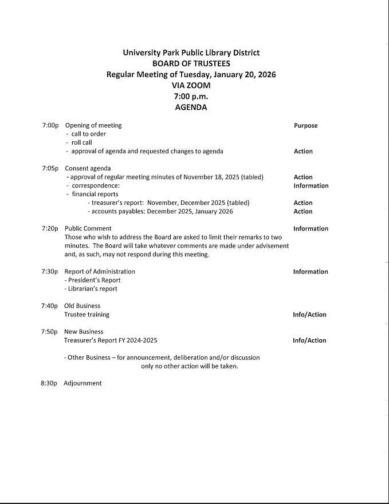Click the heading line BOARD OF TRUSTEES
pos(191,64)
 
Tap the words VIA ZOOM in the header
pos(191,85)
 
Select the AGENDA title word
pos(191,107)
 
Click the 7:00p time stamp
pos(50,125)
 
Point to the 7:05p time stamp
pos(50,168)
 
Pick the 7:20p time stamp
pos(50,228)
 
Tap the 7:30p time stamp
pos(50,271)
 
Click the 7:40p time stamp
pos(50,305)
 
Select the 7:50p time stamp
pos(50,331)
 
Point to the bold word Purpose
pos(305,125)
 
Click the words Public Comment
pos(88,228)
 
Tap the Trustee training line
pos(87,314)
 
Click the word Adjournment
pos(82,383)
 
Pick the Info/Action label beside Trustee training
pos(309,315)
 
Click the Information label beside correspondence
pos(311,185)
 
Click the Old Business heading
pos(82,305)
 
